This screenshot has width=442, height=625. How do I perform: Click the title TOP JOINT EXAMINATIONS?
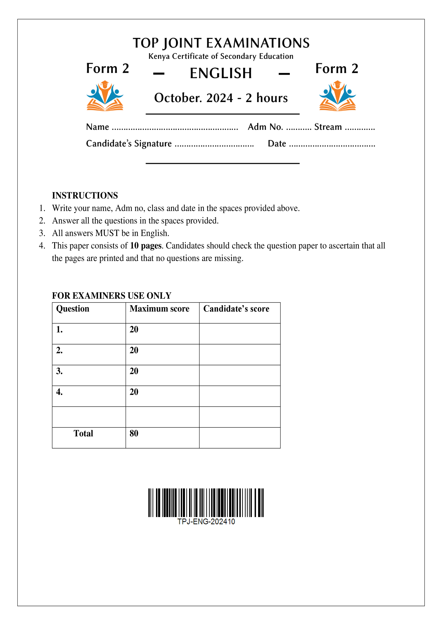click(x=221, y=43)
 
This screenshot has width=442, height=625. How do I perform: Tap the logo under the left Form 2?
click(x=105, y=96)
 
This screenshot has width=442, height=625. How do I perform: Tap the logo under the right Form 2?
click(x=337, y=96)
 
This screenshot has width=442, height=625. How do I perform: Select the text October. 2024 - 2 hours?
click(x=221, y=98)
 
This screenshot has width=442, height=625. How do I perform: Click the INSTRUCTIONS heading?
click(x=85, y=195)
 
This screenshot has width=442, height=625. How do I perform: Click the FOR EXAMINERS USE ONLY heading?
click(x=112, y=296)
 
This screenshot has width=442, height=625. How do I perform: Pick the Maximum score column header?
click(x=160, y=309)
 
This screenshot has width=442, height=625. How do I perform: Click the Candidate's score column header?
click(x=236, y=309)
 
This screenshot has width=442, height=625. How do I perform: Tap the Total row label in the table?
click(x=83, y=433)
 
